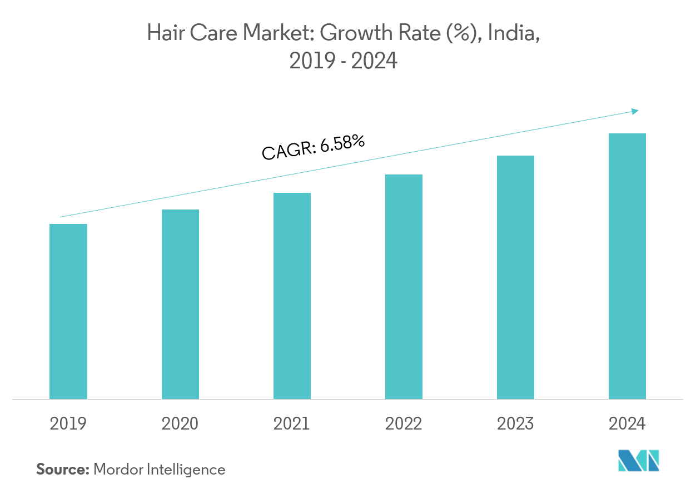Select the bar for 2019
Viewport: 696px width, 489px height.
(x=68, y=311)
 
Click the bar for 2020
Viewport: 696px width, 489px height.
(x=180, y=304)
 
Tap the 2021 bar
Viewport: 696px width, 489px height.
(x=292, y=296)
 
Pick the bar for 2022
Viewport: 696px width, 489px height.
(x=404, y=287)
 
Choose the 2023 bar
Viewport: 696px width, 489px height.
(x=515, y=277)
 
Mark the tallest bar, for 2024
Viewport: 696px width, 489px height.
(x=627, y=266)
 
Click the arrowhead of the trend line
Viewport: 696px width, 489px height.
(x=635, y=111)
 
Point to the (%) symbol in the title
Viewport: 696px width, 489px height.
(x=466, y=34)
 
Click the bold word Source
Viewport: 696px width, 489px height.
(x=62, y=470)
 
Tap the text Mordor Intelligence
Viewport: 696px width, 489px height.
(x=160, y=470)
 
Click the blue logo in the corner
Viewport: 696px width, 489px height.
(x=639, y=461)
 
